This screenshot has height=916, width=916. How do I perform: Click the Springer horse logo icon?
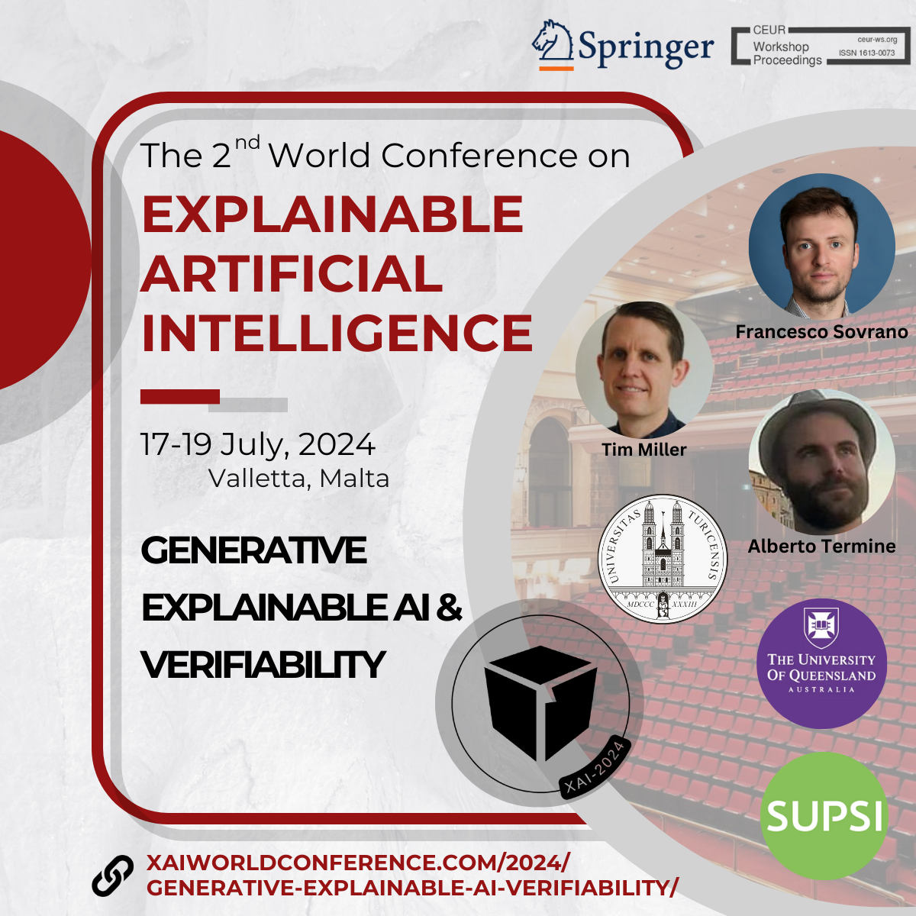point(552,45)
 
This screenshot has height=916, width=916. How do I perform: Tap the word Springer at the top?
point(645,47)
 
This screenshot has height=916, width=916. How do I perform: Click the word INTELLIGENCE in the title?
point(337,333)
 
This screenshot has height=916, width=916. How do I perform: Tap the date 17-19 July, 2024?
point(258,444)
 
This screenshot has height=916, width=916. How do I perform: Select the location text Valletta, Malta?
point(298,479)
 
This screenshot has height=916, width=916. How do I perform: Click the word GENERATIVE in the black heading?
point(253,550)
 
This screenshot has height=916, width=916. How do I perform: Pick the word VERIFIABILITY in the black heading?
point(263,664)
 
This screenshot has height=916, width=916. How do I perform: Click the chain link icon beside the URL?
point(113,876)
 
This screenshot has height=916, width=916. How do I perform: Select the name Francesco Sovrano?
point(821,332)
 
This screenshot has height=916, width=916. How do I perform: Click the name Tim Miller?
point(644,450)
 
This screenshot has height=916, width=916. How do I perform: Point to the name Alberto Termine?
point(821,547)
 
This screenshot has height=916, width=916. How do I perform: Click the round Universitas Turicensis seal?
point(663,559)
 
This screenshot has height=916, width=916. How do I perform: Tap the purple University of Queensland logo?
point(821,664)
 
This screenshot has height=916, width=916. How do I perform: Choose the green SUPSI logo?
point(824,815)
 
